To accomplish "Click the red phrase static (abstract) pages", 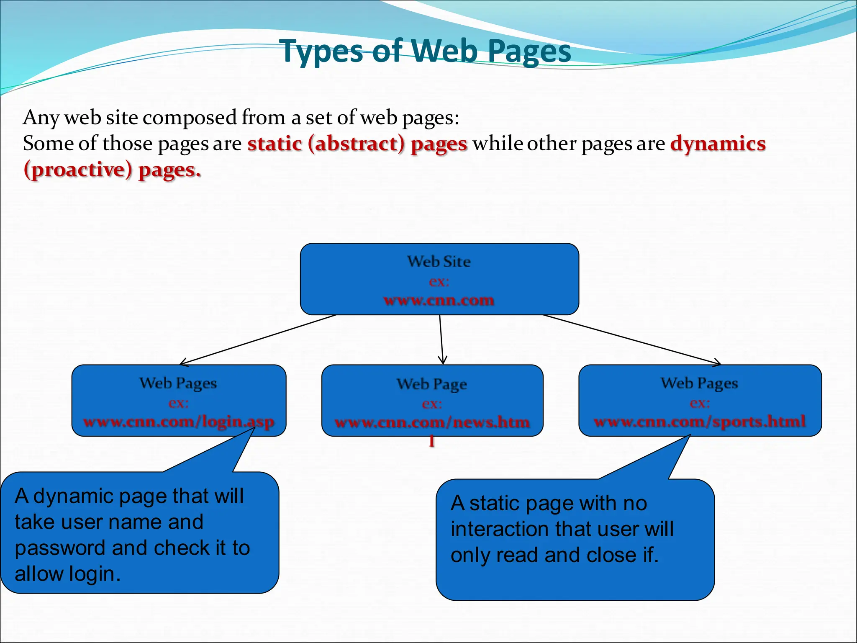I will (x=357, y=144).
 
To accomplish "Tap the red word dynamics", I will (x=718, y=144).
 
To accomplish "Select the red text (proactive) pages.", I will (x=112, y=170).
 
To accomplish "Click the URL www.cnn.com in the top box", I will (x=439, y=300).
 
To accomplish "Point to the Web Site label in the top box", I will (x=439, y=262).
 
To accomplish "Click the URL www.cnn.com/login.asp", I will (x=179, y=422).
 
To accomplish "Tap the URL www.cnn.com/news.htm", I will (x=432, y=422).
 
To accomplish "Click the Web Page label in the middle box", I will (x=432, y=384).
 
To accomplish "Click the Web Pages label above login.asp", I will (x=178, y=383).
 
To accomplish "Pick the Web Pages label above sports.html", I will (x=699, y=383).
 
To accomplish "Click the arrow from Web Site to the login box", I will (x=257, y=340).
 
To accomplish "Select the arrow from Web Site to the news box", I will (x=441, y=340).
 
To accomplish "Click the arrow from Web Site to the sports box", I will (x=632, y=340).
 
